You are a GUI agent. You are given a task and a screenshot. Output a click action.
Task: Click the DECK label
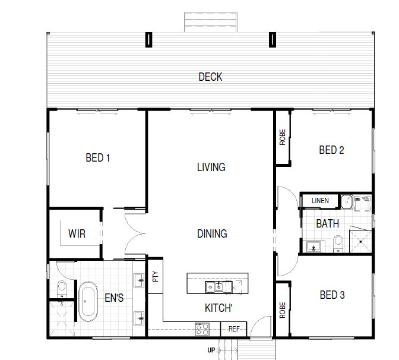tap(210, 77)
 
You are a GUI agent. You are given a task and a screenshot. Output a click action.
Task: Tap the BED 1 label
tap(98, 157)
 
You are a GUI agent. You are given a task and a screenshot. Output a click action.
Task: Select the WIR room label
tap(77, 233)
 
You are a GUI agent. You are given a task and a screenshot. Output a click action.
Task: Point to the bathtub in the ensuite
tap(88, 301)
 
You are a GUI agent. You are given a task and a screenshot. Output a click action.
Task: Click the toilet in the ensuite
tap(62, 289)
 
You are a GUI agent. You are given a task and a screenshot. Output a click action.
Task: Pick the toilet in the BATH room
tap(338, 244)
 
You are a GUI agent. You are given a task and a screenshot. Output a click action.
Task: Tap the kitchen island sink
tap(218, 287)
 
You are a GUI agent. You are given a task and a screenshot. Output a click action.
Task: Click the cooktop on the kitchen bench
tap(202, 329)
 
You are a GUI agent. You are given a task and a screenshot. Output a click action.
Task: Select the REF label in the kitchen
tap(234, 329)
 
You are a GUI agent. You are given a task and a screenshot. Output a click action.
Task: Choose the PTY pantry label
tap(155, 276)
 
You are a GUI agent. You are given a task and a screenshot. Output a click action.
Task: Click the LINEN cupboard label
tap(320, 201)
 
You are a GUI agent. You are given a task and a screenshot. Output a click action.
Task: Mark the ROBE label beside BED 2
tap(283, 137)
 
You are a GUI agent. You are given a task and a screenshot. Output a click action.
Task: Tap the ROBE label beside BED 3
tap(283, 310)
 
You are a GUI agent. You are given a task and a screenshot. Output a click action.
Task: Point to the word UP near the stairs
tap(211, 350)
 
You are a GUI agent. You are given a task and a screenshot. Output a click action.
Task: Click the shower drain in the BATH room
tap(360, 242)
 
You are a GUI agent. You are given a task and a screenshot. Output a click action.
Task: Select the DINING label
tap(212, 233)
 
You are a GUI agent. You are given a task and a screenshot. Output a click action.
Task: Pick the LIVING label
tap(211, 167)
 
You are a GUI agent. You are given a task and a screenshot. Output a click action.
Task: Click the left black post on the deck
tap(148, 39)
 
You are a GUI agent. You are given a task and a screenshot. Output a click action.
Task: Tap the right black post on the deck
tap(273, 39)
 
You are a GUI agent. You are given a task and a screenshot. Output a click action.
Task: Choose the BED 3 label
tap(332, 295)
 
